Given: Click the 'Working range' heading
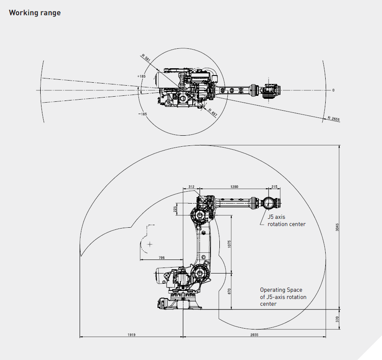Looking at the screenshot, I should (x=35, y=13).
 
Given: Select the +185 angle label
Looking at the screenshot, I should (x=141, y=76).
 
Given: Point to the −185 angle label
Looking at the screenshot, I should (x=142, y=114).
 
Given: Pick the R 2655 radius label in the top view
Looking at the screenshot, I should (x=333, y=119).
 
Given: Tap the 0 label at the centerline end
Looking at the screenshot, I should (x=333, y=90).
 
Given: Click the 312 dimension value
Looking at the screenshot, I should (x=191, y=186).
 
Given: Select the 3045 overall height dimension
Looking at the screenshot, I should (x=338, y=227).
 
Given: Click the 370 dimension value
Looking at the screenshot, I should (x=338, y=318).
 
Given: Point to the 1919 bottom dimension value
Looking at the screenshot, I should (x=131, y=335).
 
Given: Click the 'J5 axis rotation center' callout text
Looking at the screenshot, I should (x=286, y=220).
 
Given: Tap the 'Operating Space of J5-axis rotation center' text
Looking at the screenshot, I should (x=283, y=297).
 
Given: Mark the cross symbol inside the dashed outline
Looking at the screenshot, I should (x=149, y=244).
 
